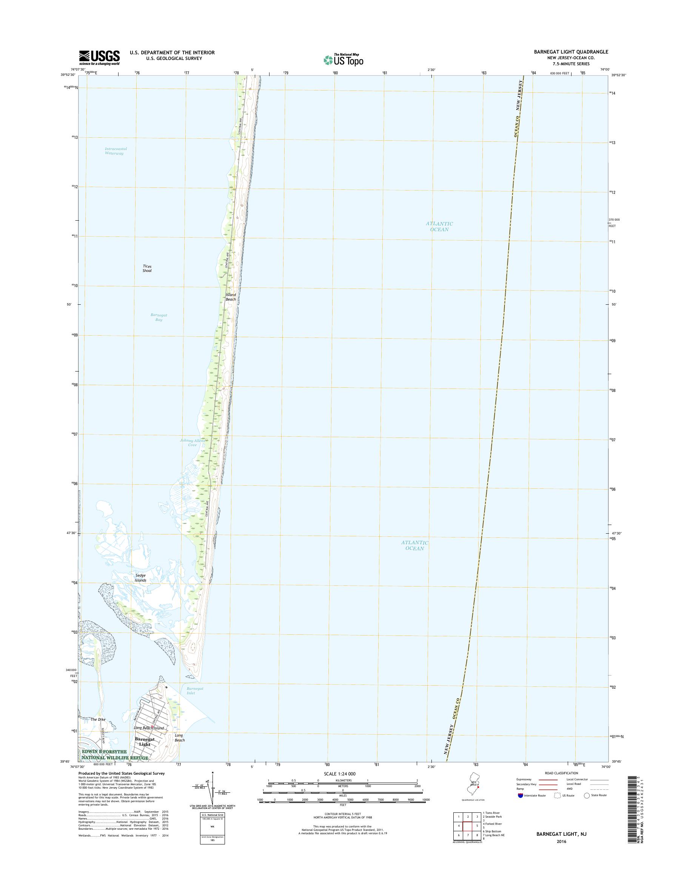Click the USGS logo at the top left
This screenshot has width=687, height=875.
click(x=99, y=57)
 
